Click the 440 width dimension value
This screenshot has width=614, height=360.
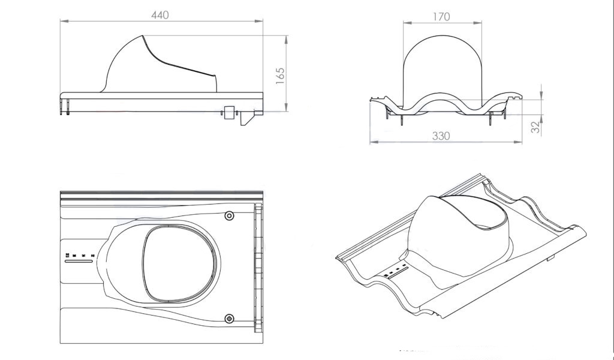159,15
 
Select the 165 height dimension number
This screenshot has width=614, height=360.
280,76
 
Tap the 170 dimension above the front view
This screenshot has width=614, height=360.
441,17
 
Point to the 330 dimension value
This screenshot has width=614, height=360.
441,136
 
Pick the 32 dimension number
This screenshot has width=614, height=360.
535,127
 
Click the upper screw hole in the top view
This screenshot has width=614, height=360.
230,215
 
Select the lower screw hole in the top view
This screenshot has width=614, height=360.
230,319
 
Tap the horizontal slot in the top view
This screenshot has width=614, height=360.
79,261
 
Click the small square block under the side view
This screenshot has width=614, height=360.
229,112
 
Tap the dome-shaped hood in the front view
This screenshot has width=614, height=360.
443,71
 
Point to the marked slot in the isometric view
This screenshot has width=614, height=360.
397,272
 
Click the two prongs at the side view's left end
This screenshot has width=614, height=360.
65,107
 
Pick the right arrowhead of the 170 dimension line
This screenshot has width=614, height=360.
478,23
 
